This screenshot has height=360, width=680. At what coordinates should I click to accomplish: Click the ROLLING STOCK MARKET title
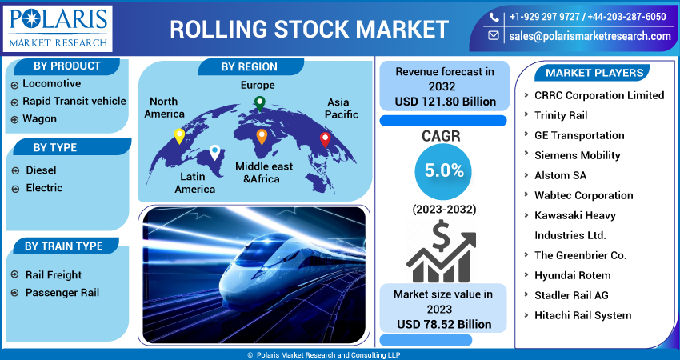coord(309,29)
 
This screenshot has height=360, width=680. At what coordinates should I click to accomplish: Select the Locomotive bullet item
coord(52,83)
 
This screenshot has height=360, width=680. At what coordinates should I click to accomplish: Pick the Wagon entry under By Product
coord(39,118)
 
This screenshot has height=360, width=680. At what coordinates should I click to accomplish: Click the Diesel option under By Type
coord(41,170)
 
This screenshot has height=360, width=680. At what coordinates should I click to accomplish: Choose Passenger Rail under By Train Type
coord(62,293)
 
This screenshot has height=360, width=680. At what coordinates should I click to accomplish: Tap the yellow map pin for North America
coord(179,136)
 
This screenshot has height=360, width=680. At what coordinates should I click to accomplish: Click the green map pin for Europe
coord(259,102)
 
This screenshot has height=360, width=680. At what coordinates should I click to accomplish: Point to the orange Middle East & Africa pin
coord(262,137)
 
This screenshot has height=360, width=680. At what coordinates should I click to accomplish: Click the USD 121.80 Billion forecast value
coord(445,102)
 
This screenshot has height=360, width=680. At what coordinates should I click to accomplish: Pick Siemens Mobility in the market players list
coord(577,155)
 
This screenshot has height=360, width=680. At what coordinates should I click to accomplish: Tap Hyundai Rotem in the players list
coord(572,275)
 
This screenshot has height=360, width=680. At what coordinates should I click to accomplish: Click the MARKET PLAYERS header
coord(594,73)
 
